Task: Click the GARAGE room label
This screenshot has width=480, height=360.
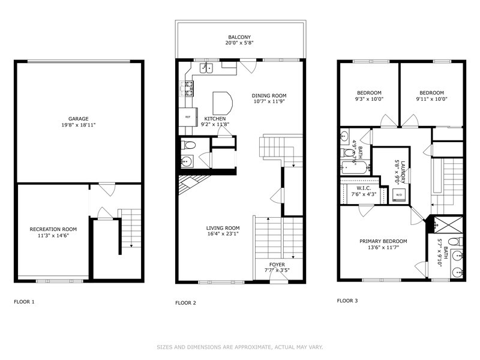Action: [79, 119]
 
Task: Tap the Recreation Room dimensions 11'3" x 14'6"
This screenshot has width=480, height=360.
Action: [53, 235]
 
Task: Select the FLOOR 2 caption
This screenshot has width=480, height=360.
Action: [185, 303]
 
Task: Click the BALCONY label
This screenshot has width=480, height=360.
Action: [239, 37]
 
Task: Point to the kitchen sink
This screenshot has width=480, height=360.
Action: [206, 68]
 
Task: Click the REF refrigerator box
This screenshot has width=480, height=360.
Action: [188, 116]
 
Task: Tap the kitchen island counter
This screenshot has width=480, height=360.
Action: [223, 103]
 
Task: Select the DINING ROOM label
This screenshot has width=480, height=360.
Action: [269, 95]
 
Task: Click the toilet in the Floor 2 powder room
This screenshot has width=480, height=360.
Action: [188, 145]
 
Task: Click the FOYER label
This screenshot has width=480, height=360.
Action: [277, 265]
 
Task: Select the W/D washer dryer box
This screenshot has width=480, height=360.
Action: [399, 194]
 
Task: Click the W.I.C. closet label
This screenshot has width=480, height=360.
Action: [364, 188]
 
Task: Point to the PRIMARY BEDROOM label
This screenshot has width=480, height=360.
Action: [383, 241]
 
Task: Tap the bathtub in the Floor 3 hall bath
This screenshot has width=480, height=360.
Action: [355, 167]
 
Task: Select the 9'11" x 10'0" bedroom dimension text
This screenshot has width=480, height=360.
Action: [431, 99]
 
